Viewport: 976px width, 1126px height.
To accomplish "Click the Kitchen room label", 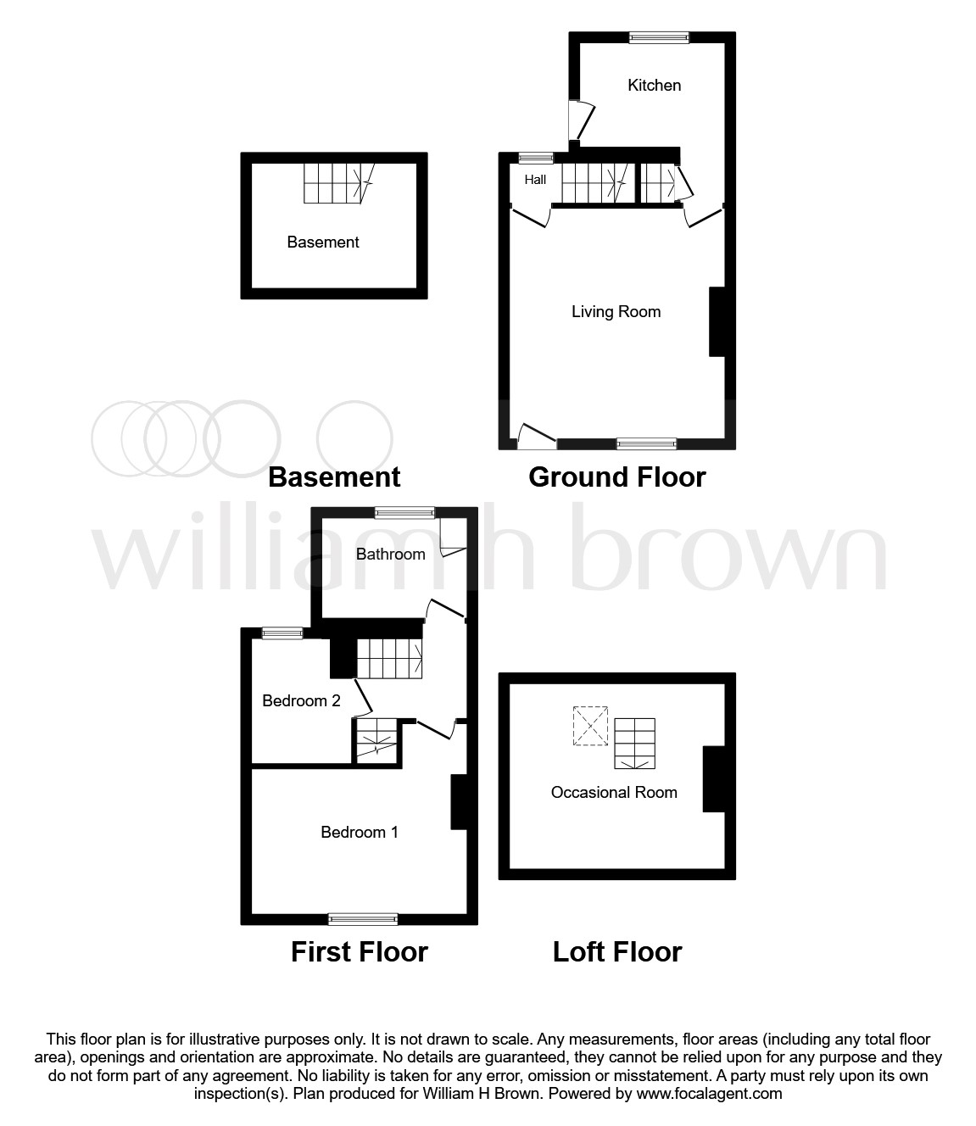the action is click(654, 85).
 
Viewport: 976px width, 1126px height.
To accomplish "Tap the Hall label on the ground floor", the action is click(535, 180).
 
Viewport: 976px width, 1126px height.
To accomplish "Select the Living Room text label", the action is click(616, 311).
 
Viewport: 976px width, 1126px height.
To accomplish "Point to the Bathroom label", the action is click(390, 554).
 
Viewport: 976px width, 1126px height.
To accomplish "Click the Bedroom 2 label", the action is click(301, 700).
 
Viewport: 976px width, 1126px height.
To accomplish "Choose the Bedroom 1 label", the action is click(360, 832).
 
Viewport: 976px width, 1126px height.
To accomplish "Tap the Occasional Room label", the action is click(614, 792).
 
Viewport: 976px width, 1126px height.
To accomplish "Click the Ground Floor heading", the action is click(616, 477).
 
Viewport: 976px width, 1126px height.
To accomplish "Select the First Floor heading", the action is click(360, 951).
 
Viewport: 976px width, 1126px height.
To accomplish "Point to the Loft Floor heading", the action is click(616, 951).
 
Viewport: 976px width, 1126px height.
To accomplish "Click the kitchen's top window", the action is click(659, 37).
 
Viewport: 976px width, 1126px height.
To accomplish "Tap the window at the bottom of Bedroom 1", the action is click(363, 920).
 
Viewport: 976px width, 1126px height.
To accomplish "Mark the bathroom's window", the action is click(404, 513).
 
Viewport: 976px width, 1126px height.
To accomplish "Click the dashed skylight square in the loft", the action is click(590, 726).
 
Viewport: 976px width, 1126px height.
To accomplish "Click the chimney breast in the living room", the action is click(717, 322).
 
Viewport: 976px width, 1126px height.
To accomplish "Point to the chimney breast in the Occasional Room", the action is click(714, 779).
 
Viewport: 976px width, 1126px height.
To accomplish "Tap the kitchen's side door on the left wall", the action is click(581, 120).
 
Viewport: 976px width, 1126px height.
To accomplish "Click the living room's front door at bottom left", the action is click(537, 437).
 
